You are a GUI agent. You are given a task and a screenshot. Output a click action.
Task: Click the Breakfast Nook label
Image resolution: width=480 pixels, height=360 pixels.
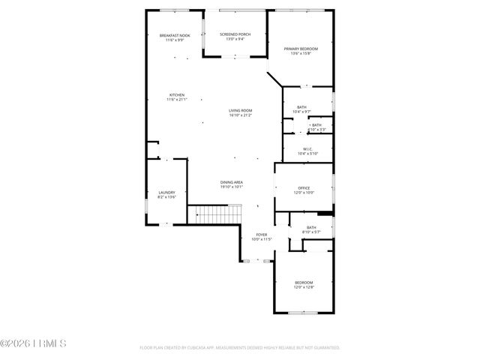[174, 35]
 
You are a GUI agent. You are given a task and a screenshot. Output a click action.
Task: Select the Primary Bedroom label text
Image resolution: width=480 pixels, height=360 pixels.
[300, 49]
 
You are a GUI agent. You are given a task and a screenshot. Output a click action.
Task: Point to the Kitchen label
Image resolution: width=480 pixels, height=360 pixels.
[176, 95]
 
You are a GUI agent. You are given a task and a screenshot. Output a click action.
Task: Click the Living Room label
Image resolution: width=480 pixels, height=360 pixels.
[240, 110]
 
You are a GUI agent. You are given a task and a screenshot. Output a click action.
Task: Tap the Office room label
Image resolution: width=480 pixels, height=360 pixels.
[304, 187]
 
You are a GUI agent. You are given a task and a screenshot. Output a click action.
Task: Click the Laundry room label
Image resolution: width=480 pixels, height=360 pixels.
[166, 192]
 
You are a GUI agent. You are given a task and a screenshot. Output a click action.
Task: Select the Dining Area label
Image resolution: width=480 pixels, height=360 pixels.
[231, 182]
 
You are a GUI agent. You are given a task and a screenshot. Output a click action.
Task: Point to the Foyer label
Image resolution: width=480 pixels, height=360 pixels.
[262, 235]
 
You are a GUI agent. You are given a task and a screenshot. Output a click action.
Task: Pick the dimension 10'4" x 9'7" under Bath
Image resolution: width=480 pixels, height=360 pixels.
[301, 112]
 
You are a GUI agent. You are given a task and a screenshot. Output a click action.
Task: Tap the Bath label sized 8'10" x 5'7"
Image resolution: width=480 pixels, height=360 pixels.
[310, 227]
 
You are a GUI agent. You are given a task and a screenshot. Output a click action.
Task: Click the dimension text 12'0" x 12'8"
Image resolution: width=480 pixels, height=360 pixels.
[303, 286]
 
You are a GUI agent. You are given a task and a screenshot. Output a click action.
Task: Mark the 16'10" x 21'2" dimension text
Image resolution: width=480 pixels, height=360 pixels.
[240, 115]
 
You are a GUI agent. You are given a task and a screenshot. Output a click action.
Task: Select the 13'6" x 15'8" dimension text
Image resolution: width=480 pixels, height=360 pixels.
[300, 53]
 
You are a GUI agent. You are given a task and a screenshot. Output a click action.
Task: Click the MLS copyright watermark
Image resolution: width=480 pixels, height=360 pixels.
[34, 343]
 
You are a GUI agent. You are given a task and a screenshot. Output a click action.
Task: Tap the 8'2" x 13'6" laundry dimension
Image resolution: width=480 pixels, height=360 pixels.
[166, 196]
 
